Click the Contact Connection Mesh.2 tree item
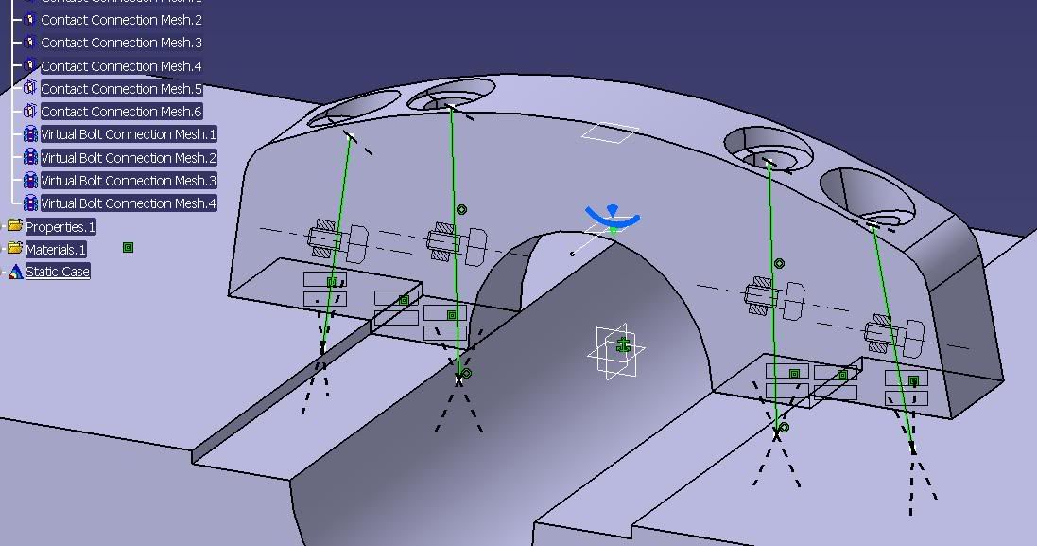click(x=121, y=20)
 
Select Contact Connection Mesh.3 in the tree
click(x=121, y=43)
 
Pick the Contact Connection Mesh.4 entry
click(x=121, y=66)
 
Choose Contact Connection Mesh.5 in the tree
click(x=121, y=89)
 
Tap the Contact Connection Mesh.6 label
click(x=121, y=112)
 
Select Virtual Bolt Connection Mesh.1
click(x=129, y=134)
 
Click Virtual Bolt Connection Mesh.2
click(x=129, y=158)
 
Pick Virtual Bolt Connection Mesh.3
click(x=129, y=181)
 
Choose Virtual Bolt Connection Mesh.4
click(x=129, y=203)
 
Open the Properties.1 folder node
click(x=60, y=227)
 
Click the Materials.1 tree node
click(x=56, y=250)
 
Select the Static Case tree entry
click(x=58, y=272)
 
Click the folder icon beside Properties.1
click(x=15, y=226)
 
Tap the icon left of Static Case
click(x=15, y=272)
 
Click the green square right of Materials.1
click(x=128, y=248)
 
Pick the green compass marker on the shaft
click(x=623, y=345)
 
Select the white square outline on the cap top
click(x=610, y=133)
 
